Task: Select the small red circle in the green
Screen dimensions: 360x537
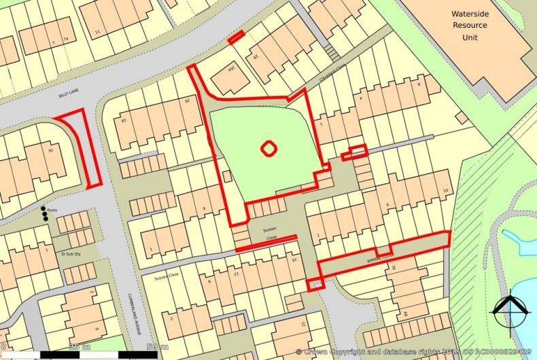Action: [269, 147]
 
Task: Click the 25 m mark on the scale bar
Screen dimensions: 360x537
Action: [80, 347]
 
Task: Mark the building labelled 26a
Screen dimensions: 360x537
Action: [231, 68]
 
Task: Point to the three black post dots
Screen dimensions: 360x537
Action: [45, 213]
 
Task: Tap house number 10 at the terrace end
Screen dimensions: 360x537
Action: [446, 191]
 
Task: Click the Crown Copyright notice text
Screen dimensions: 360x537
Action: [415, 352]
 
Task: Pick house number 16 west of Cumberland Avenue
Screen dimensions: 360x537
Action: [50, 150]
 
